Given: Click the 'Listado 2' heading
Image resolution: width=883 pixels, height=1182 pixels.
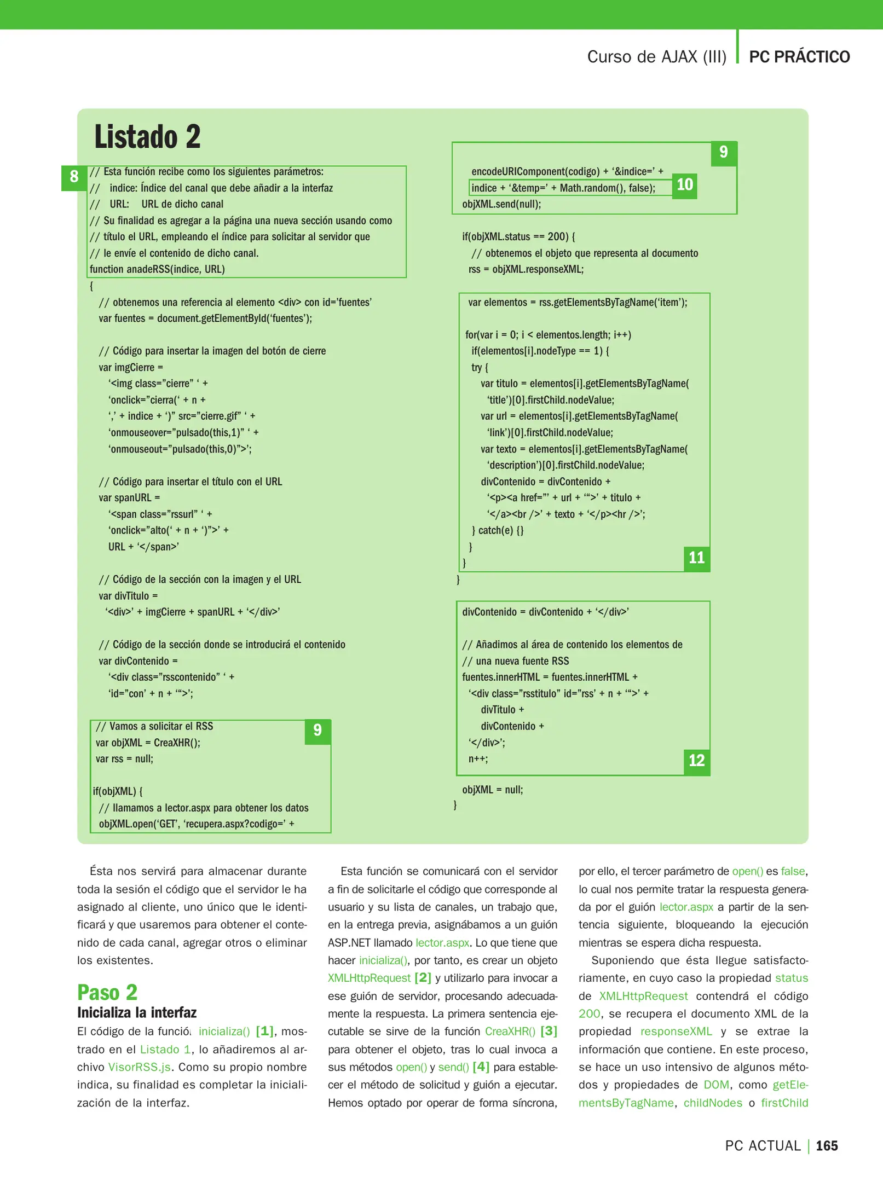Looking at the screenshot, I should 147,137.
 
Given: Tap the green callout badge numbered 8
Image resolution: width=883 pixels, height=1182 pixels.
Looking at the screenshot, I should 74,177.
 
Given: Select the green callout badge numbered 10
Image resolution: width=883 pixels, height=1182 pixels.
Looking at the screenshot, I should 684,185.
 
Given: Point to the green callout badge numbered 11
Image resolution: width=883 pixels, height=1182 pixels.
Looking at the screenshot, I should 696,558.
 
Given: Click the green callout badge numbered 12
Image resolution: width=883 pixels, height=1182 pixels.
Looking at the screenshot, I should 696,761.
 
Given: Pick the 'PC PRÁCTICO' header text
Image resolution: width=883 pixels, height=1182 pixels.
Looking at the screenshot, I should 799,57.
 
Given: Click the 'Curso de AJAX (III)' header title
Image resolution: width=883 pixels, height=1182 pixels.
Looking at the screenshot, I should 656,57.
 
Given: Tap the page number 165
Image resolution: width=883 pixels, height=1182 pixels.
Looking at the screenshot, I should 827,1145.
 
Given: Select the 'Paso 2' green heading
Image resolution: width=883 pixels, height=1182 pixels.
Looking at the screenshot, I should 107,992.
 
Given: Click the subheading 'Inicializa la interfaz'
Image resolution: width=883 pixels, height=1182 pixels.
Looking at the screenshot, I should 136,1012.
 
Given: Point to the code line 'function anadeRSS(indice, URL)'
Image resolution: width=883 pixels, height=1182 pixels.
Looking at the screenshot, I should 157,269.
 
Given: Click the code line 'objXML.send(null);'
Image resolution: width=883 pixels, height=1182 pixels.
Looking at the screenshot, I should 501,204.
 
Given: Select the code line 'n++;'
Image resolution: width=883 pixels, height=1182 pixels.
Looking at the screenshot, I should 478,759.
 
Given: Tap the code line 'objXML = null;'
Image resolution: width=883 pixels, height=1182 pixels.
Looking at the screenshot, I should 492,790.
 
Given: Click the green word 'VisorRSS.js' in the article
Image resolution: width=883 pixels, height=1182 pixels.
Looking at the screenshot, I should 139,1067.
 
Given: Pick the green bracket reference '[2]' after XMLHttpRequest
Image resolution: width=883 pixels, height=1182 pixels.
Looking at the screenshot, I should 423,978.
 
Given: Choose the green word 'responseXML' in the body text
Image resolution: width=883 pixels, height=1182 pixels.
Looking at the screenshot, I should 676,1032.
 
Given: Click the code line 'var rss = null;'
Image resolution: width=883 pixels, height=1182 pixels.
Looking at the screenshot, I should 124,759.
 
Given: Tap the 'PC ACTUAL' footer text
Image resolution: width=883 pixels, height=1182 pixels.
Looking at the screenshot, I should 763,1145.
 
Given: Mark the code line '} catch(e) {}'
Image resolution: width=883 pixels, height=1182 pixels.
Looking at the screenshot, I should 497,530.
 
